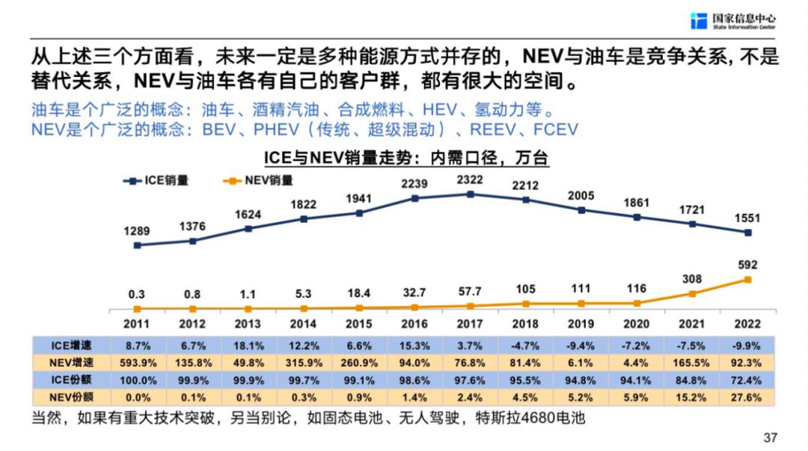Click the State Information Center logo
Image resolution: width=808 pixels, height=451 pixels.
[x=732, y=20]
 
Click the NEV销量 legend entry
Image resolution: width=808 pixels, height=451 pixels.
[x=258, y=180]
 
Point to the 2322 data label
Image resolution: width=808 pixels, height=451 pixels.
[x=470, y=180]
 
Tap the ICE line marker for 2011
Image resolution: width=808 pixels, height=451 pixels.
[x=137, y=245]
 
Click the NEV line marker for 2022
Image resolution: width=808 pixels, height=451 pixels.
[x=747, y=280]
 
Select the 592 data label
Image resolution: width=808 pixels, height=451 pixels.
[x=747, y=264]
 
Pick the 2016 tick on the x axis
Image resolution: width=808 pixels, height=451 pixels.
[x=414, y=324]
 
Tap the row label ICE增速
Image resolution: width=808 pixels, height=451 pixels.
[x=71, y=346]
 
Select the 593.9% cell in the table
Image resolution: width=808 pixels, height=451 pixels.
[x=137, y=363]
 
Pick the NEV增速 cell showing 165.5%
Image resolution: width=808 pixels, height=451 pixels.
[x=692, y=363]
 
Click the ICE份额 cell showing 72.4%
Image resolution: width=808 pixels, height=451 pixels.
[x=747, y=380]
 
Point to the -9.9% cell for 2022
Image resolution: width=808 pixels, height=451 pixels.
[x=747, y=346]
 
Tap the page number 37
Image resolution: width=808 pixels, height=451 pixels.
[x=769, y=437]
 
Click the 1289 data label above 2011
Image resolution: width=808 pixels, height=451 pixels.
[x=137, y=229]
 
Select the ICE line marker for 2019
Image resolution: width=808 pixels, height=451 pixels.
[x=581, y=210]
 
